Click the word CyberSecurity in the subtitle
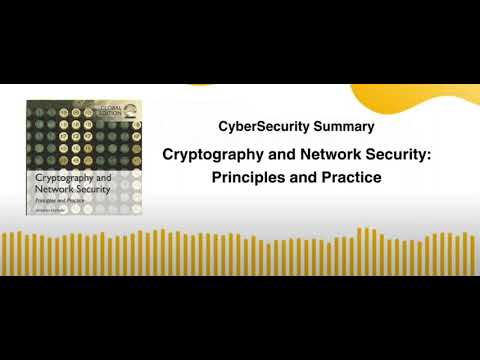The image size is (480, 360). tap(257, 127)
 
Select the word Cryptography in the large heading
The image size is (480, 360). tap(212, 157)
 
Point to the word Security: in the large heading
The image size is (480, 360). tap(392, 157)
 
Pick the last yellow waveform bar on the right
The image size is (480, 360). tap(473, 254)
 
